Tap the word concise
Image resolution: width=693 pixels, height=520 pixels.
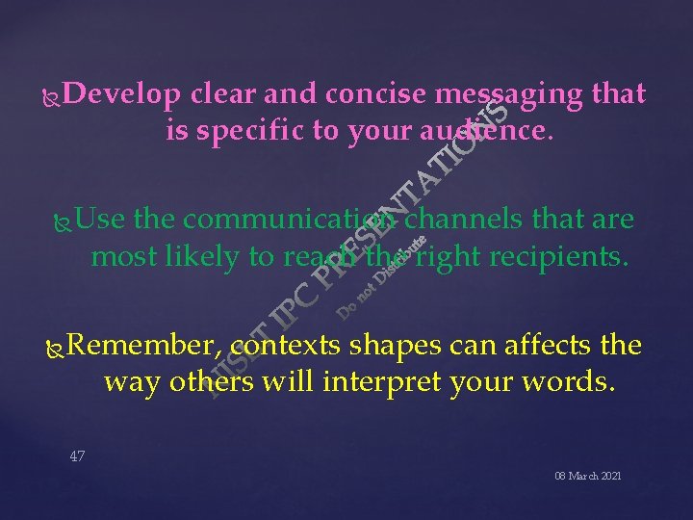[376, 94]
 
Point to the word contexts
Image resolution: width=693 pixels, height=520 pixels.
[292, 346]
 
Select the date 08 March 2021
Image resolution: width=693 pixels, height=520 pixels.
[587, 476]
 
